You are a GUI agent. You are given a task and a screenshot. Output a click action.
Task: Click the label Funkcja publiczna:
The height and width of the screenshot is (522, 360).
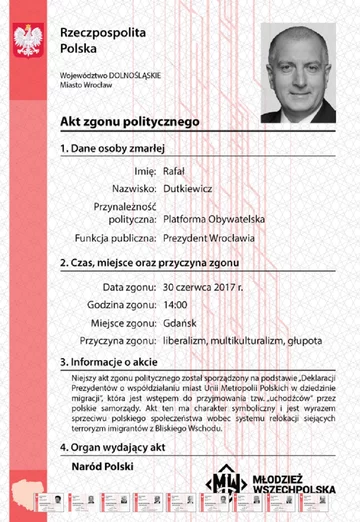click(114, 239)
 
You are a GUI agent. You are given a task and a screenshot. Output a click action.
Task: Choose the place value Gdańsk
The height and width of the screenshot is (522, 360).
click(178, 322)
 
